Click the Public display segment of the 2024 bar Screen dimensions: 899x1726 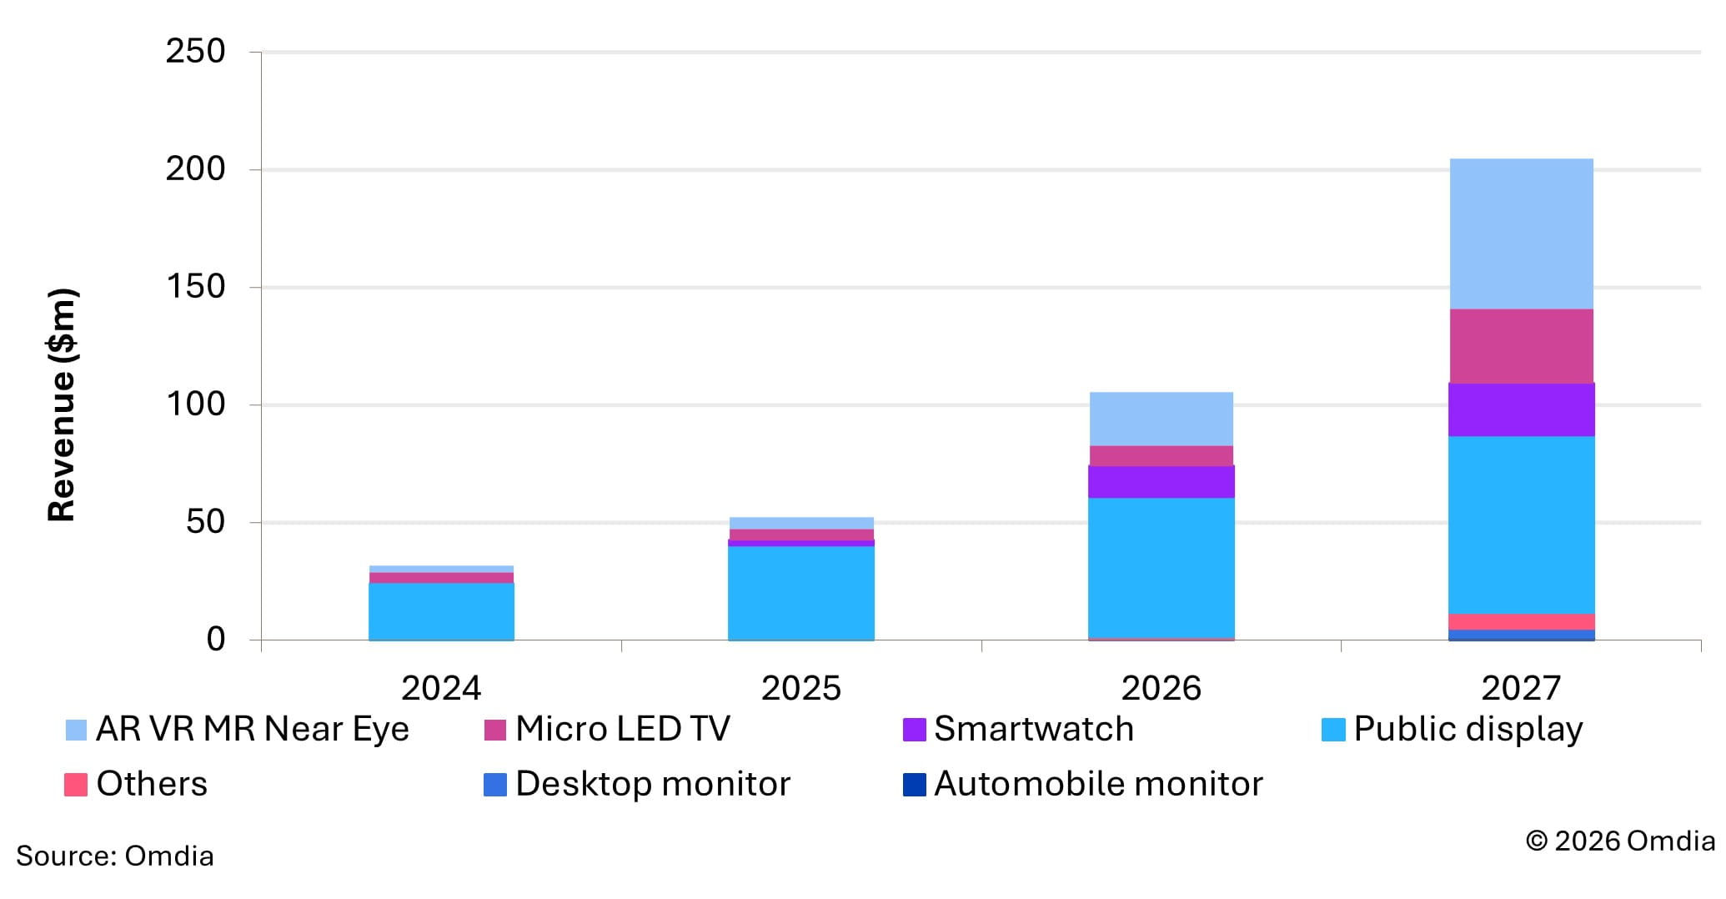[441, 611]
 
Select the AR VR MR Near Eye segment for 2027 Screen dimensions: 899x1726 [1521, 234]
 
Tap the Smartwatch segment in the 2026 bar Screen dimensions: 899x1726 [1161, 482]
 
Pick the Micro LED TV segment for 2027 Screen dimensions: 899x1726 [1521, 346]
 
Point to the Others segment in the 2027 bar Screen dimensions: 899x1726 [1521, 622]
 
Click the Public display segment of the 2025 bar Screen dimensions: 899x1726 [800, 593]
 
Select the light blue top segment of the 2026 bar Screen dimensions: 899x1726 [1161, 419]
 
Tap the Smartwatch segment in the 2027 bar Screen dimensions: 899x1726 [1521, 409]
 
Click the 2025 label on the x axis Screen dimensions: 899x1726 [800, 688]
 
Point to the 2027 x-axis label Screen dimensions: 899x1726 [1521, 688]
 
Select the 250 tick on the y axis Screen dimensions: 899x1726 [195, 52]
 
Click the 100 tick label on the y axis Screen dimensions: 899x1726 [195, 404]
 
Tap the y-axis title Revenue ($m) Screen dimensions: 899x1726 [62, 405]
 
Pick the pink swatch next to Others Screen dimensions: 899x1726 [76, 785]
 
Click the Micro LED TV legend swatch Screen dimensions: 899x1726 [495, 730]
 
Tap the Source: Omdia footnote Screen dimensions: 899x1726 [115, 856]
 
